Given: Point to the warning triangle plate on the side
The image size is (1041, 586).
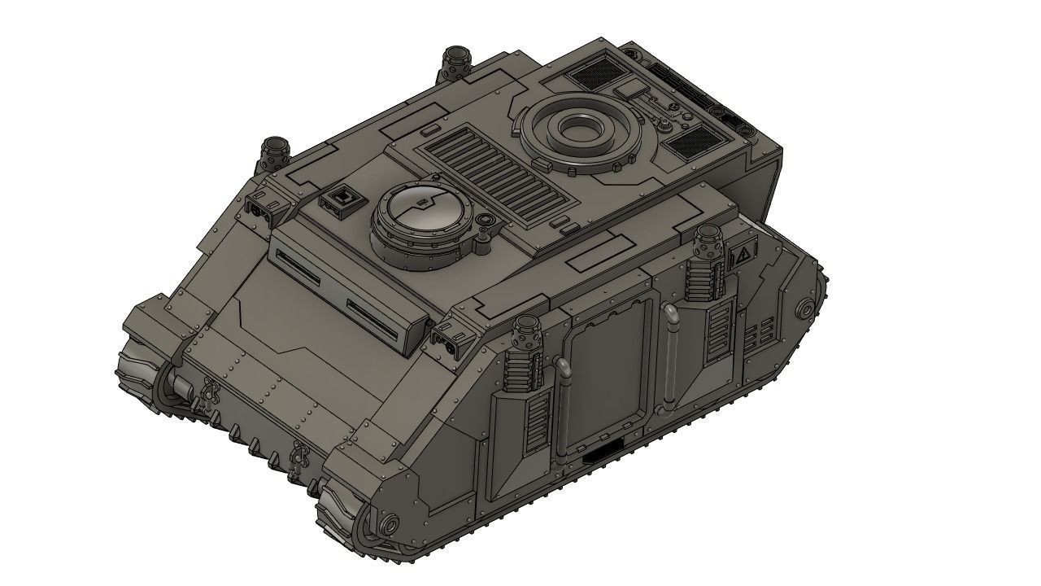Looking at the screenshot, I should (741, 258).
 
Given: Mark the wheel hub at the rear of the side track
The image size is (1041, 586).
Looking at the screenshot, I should (806, 309).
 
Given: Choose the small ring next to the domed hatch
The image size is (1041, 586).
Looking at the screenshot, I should (486, 221).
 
